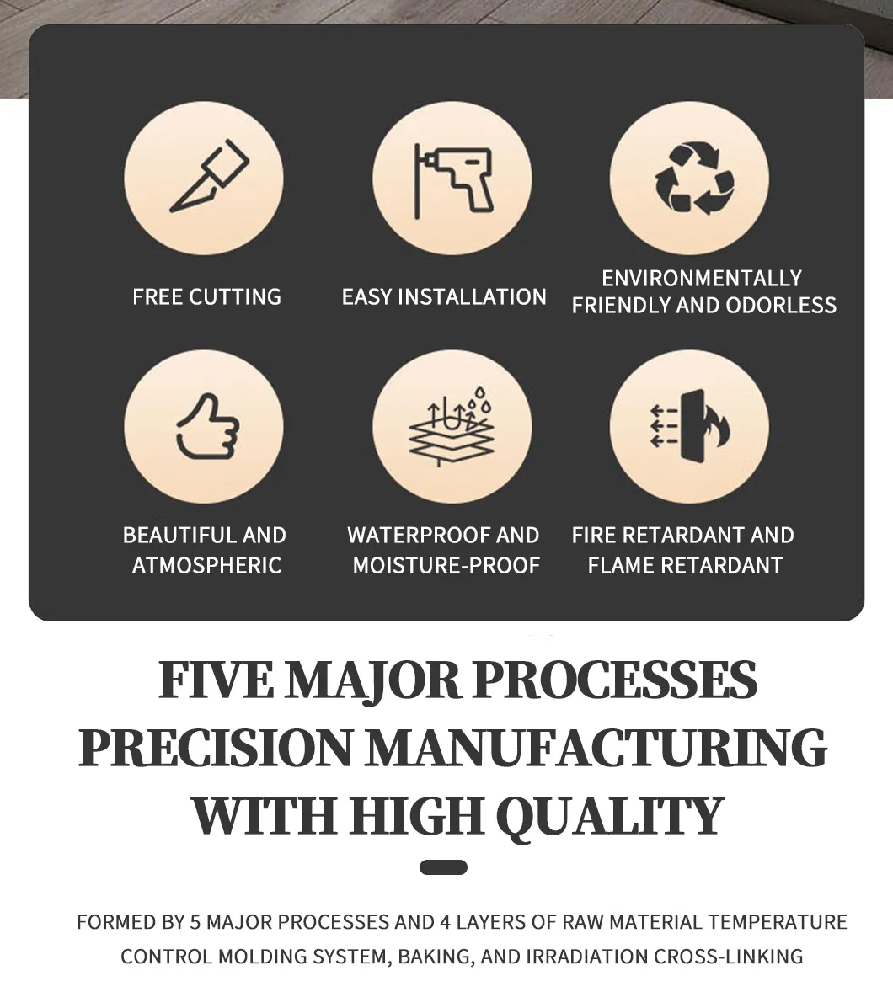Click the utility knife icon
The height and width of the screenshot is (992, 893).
[x=210, y=177]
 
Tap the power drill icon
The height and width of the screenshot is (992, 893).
[x=453, y=181]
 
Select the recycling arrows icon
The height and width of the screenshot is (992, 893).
[x=694, y=179]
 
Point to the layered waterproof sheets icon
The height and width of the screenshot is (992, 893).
[x=451, y=426]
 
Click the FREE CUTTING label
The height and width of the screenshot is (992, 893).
[x=207, y=296]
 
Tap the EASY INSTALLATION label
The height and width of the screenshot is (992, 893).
[x=444, y=296]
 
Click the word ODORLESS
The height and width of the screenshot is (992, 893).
[x=781, y=306]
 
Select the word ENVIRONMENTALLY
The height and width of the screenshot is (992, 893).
[x=702, y=279]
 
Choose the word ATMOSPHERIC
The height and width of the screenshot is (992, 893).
[x=207, y=565]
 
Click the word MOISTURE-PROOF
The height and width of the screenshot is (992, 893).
[x=446, y=565]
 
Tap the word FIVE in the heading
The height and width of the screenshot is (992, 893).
[x=216, y=680]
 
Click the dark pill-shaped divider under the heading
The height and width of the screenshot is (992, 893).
[x=444, y=867]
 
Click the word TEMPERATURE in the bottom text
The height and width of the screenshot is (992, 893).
[x=778, y=922]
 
